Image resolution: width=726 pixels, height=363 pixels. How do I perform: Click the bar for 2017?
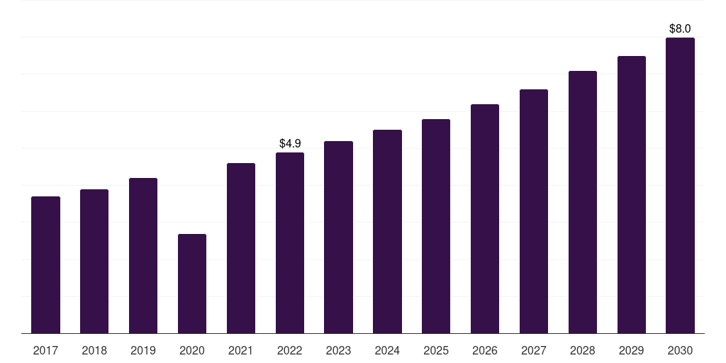45,265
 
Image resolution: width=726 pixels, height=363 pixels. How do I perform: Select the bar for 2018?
94,261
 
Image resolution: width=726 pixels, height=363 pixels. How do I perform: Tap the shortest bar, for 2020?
192,284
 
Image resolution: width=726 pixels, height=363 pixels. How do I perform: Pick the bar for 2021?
241,248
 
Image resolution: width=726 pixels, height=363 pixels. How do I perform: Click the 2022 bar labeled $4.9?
290,243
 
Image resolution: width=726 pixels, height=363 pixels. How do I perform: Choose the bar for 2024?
387,232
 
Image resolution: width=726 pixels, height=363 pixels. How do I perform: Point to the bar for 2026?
485,219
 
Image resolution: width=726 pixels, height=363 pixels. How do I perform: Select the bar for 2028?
583,202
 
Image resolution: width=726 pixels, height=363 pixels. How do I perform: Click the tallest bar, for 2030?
680,186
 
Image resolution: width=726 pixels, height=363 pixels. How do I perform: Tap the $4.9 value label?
290,143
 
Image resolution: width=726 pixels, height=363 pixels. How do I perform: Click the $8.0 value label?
680,28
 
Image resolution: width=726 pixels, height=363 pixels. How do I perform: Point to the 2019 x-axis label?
143,351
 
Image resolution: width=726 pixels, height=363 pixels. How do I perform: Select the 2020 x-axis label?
192,351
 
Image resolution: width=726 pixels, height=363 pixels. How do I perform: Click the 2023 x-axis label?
338,351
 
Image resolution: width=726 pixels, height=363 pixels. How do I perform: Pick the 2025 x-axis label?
436,351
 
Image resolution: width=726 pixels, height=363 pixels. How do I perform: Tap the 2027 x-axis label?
533,351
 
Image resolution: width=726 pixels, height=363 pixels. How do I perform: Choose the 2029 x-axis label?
631,351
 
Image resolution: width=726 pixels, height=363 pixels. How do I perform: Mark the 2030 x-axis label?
680,351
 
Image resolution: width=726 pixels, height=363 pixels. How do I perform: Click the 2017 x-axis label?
45,351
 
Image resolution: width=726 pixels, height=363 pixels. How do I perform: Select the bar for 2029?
632,195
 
